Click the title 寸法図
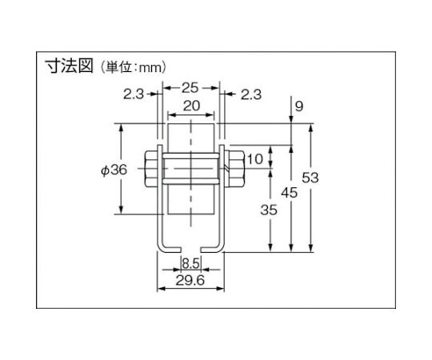tap(69, 66)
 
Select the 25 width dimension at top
tap(190, 88)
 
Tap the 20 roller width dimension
tap(191, 106)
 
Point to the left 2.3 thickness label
tap(134, 94)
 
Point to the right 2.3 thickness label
tap(251, 94)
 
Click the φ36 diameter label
tap(114, 170)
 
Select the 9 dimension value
tap(299, 106)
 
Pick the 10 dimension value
tap(255, 159)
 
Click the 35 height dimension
tap(269, 210)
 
